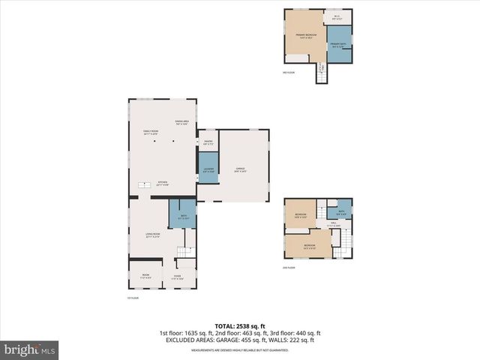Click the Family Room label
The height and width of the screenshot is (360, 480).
(x=151, y=133)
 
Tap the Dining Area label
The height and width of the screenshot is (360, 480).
(x=181, y=123)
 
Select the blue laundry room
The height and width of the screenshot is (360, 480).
(x=208, y=169)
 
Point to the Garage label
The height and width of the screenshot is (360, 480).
(x=241, y=169)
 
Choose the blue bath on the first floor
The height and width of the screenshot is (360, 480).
(x=183, y=217)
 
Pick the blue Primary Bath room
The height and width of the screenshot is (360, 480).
(x=339, y=45)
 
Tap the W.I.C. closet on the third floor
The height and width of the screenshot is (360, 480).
(x=337, y=18)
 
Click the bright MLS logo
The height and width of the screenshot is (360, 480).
(x=30, y=349)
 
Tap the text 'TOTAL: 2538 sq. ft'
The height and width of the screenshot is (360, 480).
(x=239, y=325)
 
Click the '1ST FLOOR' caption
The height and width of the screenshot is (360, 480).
(x=133, y=298)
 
